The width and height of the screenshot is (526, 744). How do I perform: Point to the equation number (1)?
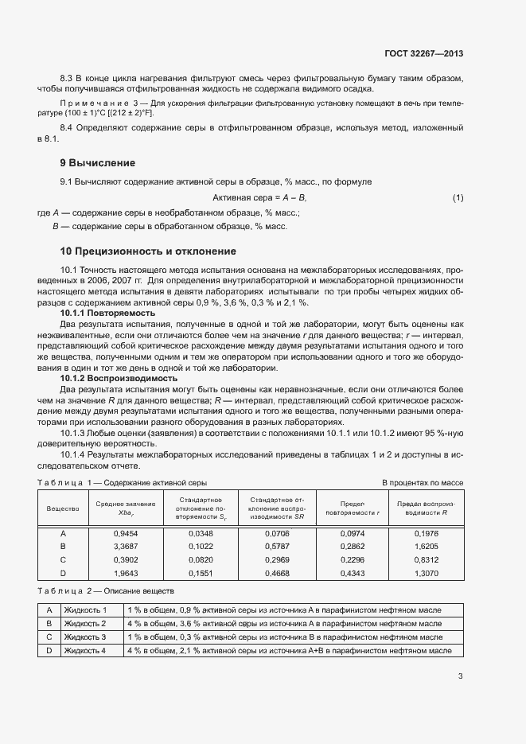(x=458, y=197)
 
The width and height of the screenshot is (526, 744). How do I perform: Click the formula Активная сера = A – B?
(x=260, y=197)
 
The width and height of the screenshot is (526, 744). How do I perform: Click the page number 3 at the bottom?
(x=460, y=677)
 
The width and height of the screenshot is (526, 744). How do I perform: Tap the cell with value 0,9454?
(x=126, y=533)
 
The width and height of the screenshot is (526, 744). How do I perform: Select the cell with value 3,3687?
(x=126, y=547)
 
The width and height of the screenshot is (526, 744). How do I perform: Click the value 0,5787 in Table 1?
(x=277, y=547)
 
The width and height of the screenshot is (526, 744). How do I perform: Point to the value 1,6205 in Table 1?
(x=427, y=547)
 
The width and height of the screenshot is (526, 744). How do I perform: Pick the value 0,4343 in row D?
(x=353, y=573)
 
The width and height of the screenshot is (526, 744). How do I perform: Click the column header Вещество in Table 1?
(x=63, y=508)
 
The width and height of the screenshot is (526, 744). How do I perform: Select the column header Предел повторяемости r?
(x=353, y=508)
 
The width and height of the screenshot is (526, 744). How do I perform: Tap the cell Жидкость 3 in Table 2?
(x=85, y=637)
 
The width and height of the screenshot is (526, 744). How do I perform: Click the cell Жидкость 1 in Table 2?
(x=85, y=610)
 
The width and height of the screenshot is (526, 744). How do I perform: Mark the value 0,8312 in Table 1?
(x=427, y=559)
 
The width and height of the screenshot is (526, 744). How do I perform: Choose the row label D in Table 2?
(x=49, y=651)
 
